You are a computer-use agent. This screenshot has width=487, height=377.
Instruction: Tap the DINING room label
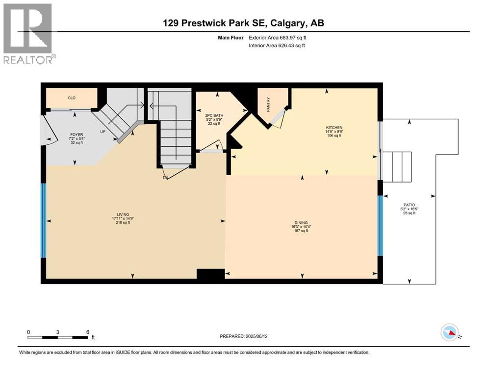(x=301, y=222)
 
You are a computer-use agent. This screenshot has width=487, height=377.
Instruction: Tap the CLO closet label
(x=71, y=98)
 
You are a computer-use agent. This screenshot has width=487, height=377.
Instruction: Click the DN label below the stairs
(x=165, y=177)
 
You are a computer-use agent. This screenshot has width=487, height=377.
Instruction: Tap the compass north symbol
(x=449, y=333)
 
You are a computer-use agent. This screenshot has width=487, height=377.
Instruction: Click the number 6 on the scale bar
(x=87, y=332)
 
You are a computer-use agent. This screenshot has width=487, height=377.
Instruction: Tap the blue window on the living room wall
(x=44, y=220)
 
